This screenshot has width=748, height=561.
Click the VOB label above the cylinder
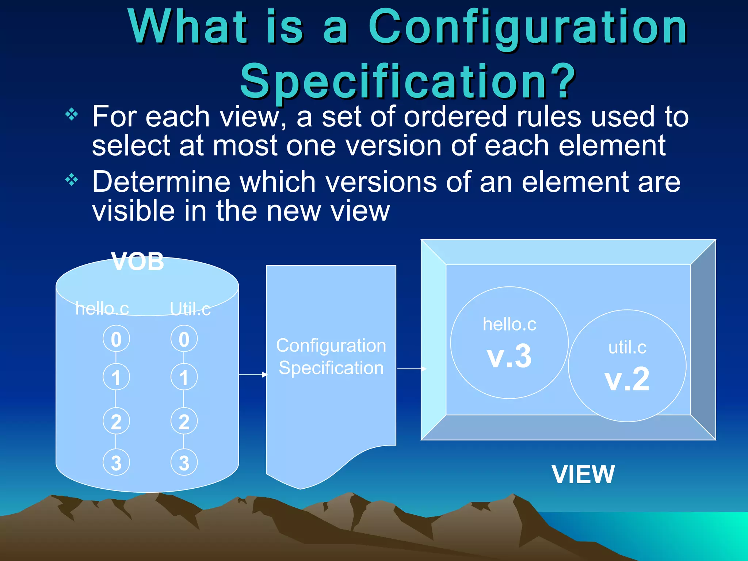[x=138, y=262]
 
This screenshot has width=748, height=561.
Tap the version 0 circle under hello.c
[x=116, y=339]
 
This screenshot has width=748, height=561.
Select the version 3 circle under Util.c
[x=184, y=462]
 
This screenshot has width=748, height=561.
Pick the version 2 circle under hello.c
[x=116, y=421]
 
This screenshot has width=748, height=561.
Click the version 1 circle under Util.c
[x=184, y=377]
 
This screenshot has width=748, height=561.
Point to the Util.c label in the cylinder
[x=190, y=309]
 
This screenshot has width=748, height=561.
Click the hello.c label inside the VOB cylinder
[x=102, y=308]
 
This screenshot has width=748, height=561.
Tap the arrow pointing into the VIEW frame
[x=412, y=369]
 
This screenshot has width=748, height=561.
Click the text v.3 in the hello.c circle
[x=509, y=356]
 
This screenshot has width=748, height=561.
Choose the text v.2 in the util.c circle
[x=627, y=379]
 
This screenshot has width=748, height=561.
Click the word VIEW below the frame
[x=583, y=474]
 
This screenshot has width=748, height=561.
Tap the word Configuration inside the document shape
[x=331, y=346]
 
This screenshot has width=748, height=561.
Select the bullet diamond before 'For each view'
[x=72, y=115]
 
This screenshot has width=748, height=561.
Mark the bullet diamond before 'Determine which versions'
[x=72, y=180]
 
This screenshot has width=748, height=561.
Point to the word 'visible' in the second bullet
[x=133, y=211]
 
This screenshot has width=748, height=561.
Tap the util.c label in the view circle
[x=627, y=347]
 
